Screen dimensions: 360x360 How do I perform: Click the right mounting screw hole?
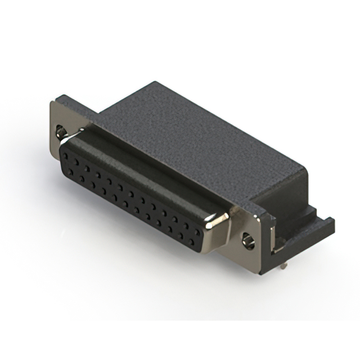tap(247, 241)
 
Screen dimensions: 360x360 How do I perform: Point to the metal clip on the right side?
tap(273, 236)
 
